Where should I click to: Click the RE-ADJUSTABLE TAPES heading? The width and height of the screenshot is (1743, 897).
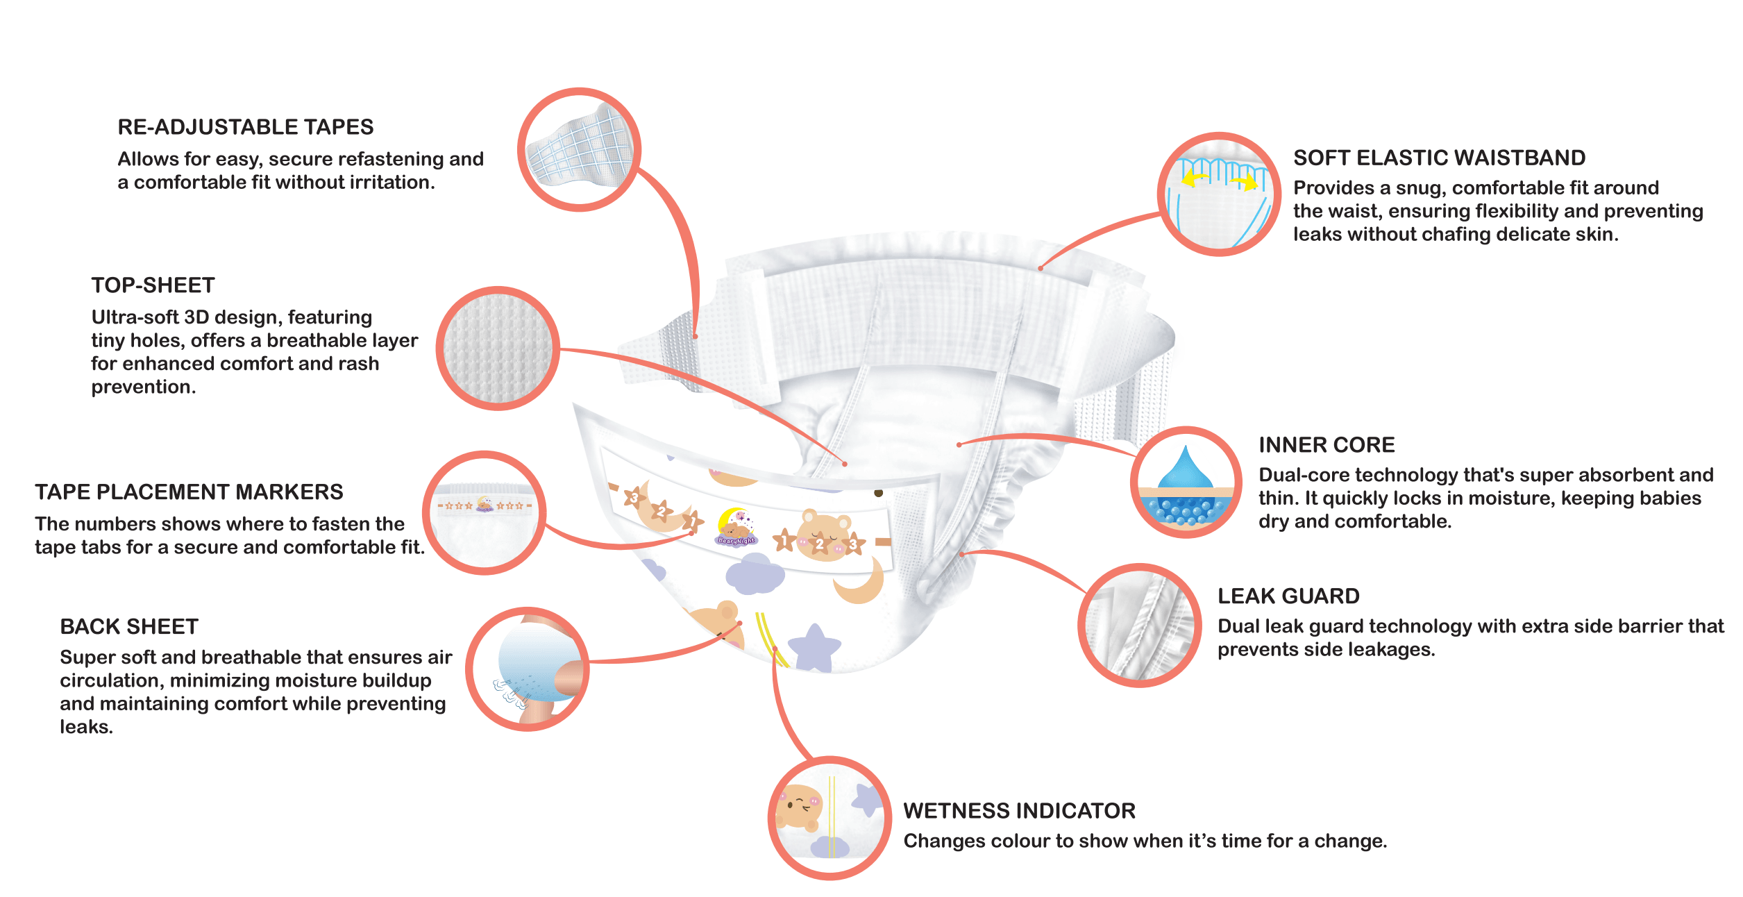point(246,127)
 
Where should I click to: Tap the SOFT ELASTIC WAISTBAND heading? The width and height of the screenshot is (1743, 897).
point(1439,158)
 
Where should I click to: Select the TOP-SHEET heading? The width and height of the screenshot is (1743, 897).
point(153,285)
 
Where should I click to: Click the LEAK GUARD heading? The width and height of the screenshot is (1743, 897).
point(1288,596)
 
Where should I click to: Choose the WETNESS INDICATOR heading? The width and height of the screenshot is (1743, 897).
point(1019,811)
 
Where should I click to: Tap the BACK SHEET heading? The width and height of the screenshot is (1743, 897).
point(129,627)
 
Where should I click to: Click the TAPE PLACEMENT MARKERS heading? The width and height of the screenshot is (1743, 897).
point(189,492)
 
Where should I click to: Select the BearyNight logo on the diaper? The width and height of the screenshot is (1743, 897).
point(736,528)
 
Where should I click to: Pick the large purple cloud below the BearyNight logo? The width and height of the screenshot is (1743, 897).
point(755,574)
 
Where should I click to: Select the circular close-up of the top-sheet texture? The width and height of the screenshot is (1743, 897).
point(497,349)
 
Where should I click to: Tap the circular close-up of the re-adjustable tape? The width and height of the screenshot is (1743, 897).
point(579,149)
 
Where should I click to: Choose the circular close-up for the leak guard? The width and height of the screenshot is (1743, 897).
point(1139,625)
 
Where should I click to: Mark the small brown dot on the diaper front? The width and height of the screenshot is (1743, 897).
point(878,493)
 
